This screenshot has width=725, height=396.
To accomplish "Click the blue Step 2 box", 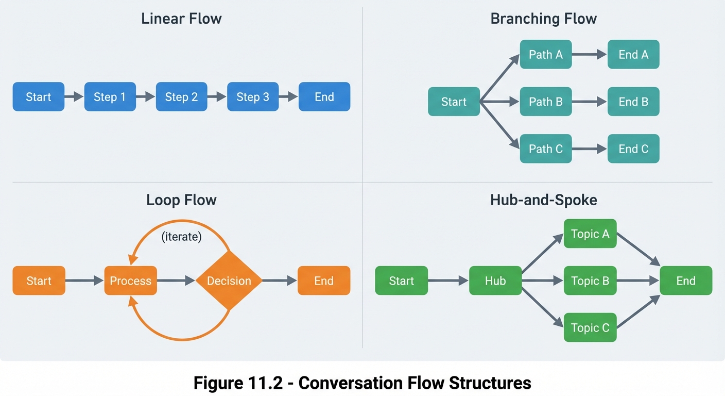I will (181, 97).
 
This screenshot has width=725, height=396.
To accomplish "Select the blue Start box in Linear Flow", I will (39, 97).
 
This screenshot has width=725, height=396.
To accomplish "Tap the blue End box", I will (324, 97).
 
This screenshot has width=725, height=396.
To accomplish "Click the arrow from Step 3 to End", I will (288, 97).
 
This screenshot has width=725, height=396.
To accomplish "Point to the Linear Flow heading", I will (181, 19).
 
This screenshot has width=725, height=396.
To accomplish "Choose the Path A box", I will (546, 55).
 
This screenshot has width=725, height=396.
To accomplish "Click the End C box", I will (633, 149).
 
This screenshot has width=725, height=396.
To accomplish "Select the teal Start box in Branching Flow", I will (454, 102).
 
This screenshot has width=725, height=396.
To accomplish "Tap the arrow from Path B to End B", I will (590, 102).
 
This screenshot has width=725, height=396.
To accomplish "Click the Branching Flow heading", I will (543, 19).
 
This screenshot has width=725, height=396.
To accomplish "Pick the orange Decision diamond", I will (229, 281).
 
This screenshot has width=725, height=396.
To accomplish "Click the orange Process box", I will (130, 281).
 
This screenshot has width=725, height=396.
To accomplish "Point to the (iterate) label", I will (181, 238).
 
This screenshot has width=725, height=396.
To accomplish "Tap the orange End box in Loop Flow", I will (324, 281).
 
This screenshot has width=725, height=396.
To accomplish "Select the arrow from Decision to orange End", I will (280, 281).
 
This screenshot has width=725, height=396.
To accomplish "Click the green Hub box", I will (495, 281).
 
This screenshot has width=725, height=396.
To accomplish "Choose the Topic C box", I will (590, 328).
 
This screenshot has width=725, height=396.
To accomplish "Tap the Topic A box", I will (590, 234).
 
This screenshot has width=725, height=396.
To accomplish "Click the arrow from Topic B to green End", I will (638, 281).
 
